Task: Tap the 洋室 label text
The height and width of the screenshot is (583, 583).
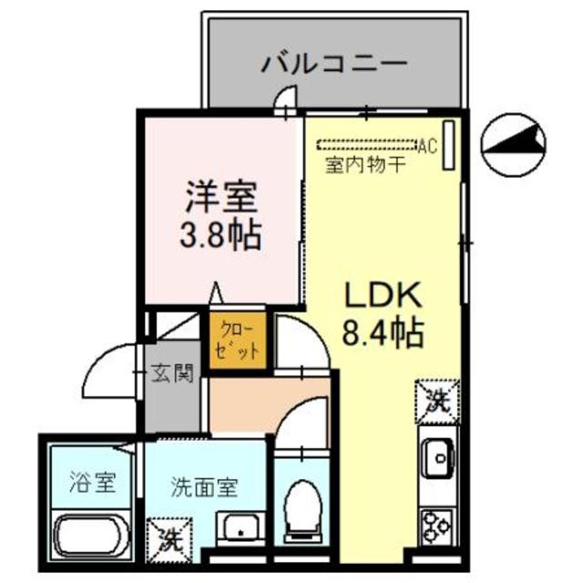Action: point(221,196)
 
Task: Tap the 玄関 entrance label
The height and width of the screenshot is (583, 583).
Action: point(172,373)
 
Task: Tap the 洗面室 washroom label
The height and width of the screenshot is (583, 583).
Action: point(205,486)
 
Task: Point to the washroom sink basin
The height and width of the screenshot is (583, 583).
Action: point(240,529)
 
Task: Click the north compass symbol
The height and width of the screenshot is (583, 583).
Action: point(514,144)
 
